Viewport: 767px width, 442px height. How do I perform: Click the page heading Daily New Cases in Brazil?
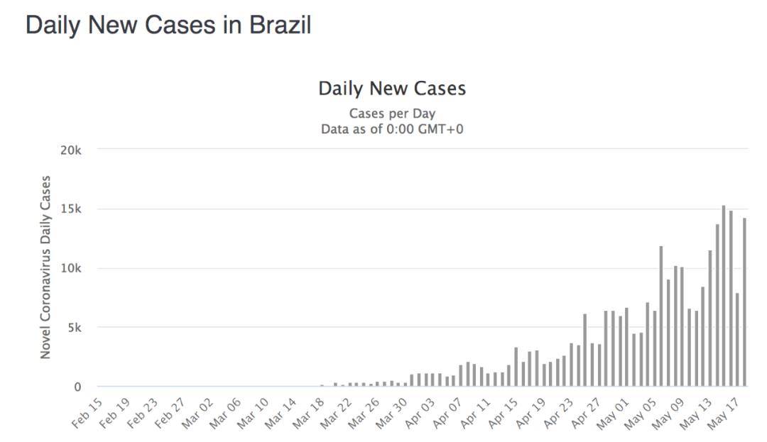point(168,26)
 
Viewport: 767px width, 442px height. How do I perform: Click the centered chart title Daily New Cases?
point(392,89)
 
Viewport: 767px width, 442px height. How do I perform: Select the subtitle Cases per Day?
point(392,114)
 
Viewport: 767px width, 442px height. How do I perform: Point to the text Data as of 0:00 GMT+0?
point(392,129)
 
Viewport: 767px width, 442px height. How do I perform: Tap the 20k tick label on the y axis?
point(72,150)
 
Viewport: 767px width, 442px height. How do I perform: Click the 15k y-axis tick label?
point(72,209)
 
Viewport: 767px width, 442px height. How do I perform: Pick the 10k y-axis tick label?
point(72,269)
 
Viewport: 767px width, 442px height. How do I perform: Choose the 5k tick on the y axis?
point(75,328)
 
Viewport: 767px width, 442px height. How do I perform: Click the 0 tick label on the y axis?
point(78,387)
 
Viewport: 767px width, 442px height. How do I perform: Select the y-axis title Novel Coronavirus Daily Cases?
point(45,267)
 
